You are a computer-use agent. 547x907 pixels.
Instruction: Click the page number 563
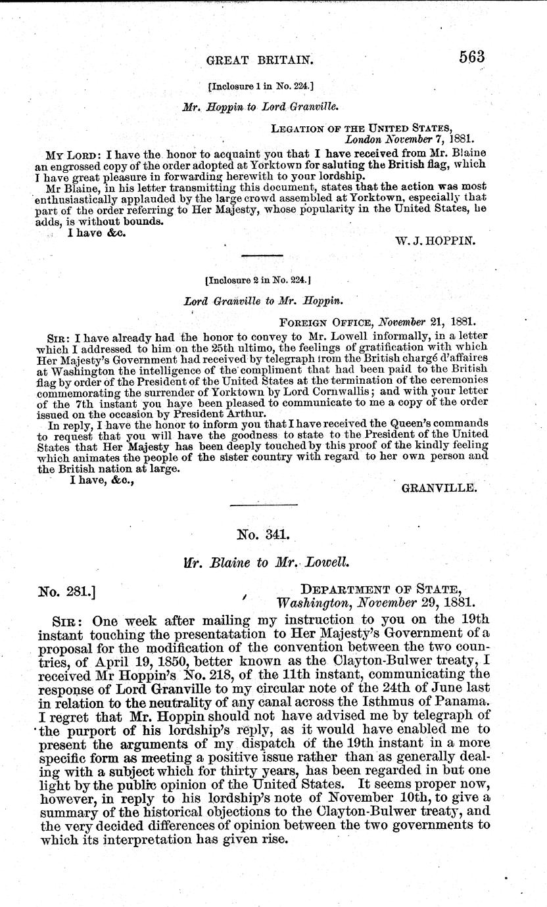[473, 57]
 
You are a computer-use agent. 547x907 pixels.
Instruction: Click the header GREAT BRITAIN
[259, 60]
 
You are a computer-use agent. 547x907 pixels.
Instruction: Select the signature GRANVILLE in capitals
[439, 488]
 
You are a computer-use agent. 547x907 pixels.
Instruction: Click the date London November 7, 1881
[410, 139]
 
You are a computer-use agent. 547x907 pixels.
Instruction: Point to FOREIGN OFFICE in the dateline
[318, 323]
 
